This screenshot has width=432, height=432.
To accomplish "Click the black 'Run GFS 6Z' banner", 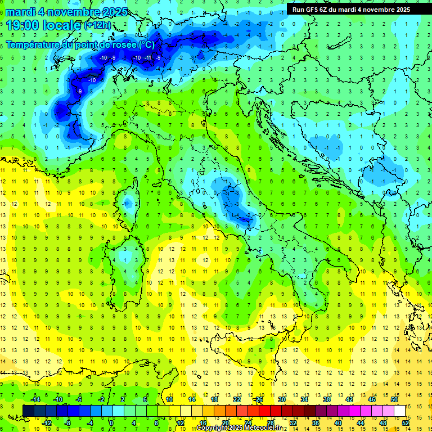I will (351, 9).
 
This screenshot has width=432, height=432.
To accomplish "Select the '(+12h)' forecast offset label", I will (97, 25).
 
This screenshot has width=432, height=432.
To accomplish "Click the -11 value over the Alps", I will (148, 58).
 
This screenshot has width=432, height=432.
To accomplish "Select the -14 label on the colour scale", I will (35, 399).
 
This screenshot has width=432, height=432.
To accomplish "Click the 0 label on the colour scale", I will (111, 422).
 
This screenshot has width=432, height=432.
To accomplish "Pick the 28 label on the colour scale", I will (270, 422).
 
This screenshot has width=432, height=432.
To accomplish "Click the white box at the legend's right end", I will (400, 411).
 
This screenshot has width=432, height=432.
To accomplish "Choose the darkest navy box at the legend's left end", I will (28, 411).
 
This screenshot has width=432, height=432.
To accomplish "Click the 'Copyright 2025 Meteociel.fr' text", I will (239, 428).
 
